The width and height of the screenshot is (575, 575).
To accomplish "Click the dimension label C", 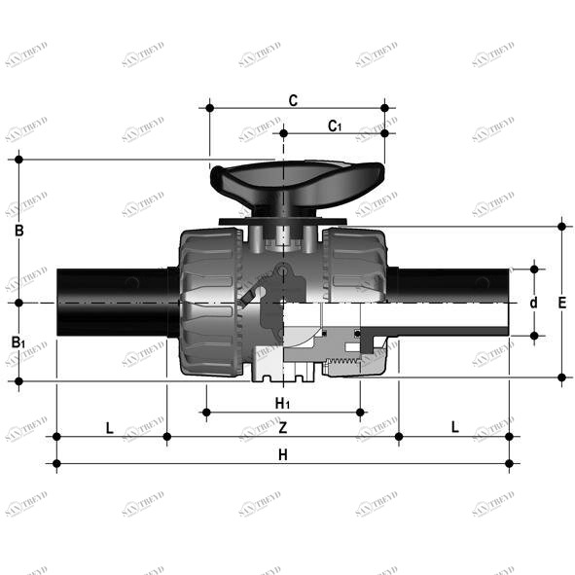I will tap(293, 100).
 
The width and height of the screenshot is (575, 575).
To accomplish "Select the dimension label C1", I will tap(334, 126).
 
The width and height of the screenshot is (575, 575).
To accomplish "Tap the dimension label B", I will tap(18, 232).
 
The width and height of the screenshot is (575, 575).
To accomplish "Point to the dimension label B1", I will tap(18, 341).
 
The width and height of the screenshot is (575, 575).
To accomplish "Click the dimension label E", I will tap(562, 303).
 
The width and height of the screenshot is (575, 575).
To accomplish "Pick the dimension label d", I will tap(533, 303).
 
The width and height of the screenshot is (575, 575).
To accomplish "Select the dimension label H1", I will tap(282, 403).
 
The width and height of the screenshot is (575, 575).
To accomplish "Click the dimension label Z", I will tap(282, 428).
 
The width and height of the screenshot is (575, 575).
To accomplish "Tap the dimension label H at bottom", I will tap(282, 454).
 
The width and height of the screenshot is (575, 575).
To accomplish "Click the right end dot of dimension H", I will tap(509, 463).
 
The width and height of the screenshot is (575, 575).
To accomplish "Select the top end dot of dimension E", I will tap(562, 227).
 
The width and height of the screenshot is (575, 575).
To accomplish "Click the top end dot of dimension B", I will tap(18, 160).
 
